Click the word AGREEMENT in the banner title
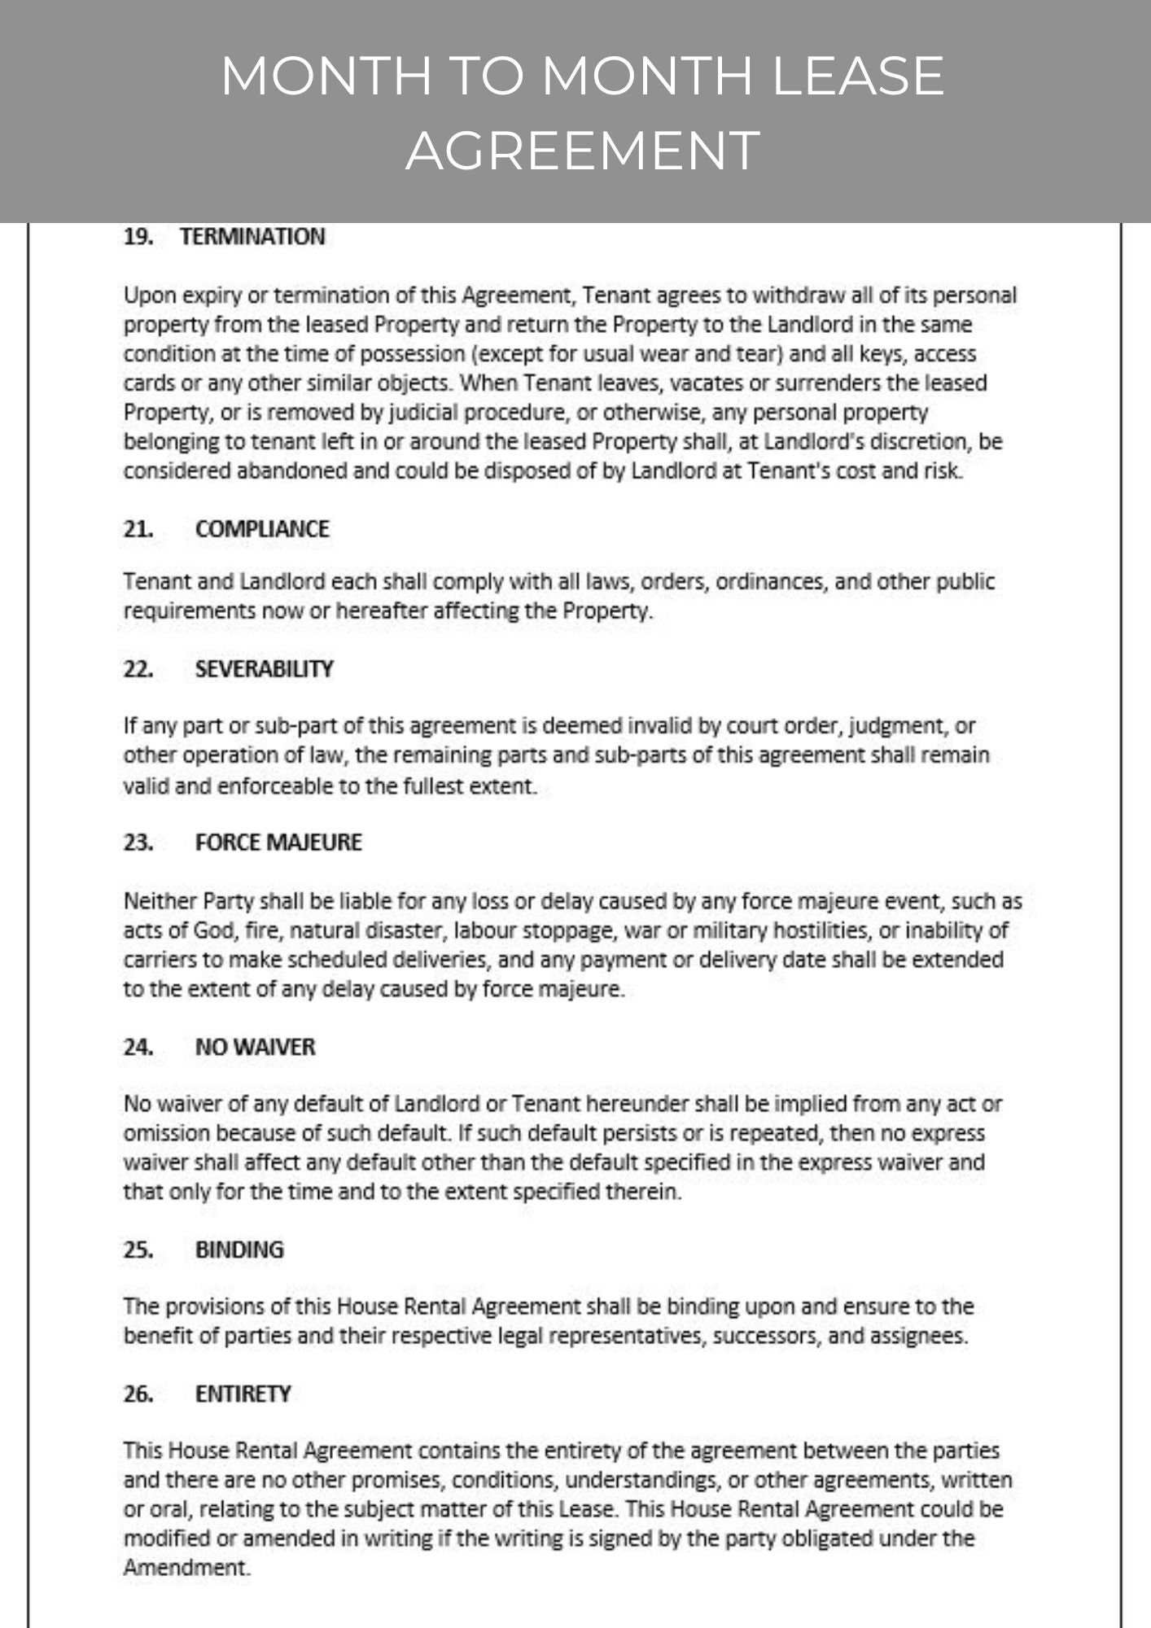point(583,151)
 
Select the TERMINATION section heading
point(252,237)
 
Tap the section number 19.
point(138,237)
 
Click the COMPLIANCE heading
point(262,529)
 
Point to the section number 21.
point(138,529)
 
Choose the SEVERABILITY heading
point(264,669)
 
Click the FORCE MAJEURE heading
point(278,842)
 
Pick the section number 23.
point(138,842)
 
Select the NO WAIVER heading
point(255,1047)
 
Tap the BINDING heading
point(239,1250)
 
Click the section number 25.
point(138,1250)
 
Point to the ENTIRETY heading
point(243,1394)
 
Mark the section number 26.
point(138,1394)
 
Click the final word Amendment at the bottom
point(186,1569)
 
